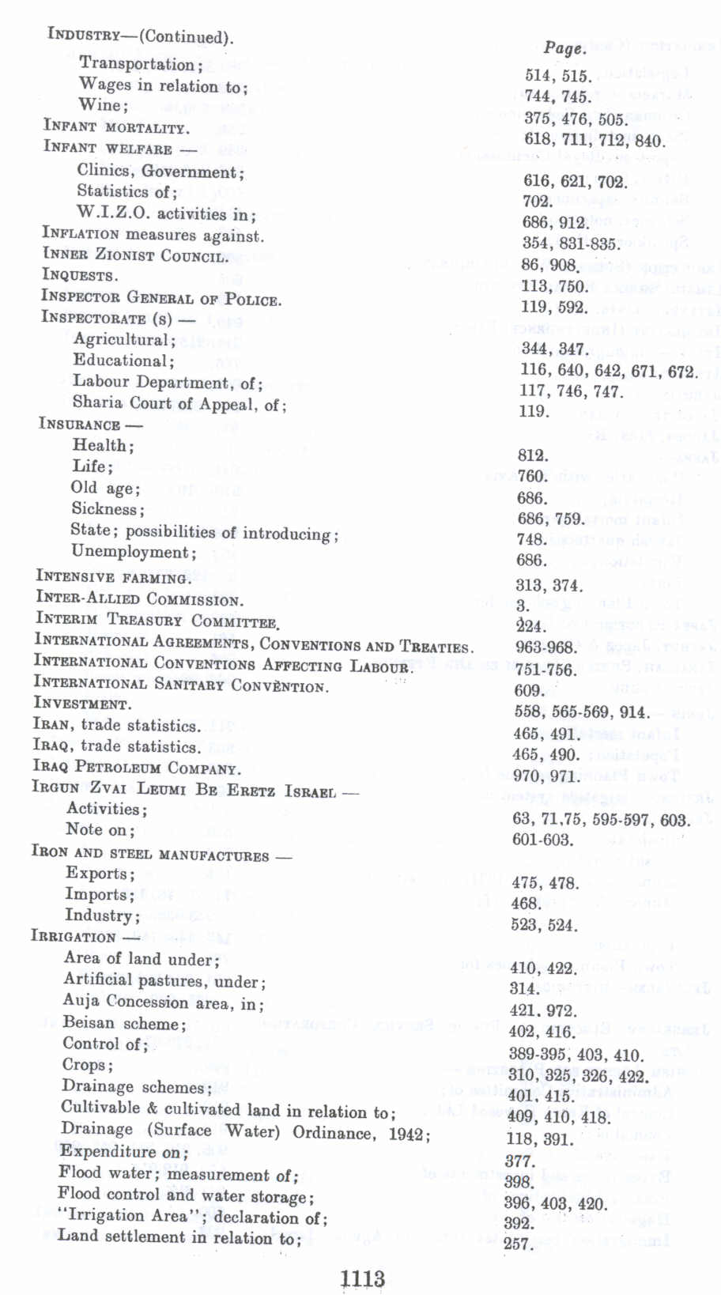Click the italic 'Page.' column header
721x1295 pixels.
[x=564, y=48]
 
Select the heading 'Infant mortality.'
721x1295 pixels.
[x=116, y=126]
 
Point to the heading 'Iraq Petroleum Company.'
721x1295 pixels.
[x=137, y=767]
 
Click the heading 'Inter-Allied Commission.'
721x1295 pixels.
[x=139, y=599]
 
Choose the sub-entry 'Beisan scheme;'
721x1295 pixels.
[x=125, y=1023]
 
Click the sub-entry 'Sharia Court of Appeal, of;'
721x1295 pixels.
[x=179, y=404]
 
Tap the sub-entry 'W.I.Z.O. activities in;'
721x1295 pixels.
[x=166, y=213]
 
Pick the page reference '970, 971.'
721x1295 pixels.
[x=546, y=776]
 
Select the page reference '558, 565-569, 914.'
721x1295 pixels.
[x=581, y=712]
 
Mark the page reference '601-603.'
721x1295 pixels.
[x=542, y=840]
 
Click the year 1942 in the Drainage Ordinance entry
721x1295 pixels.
[x=406, y=1133]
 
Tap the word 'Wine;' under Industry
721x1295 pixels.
[x=103, y=105]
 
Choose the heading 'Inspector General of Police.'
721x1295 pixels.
[x=161, y=299]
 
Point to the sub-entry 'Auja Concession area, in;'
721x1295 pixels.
[x=164, y=1002]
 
